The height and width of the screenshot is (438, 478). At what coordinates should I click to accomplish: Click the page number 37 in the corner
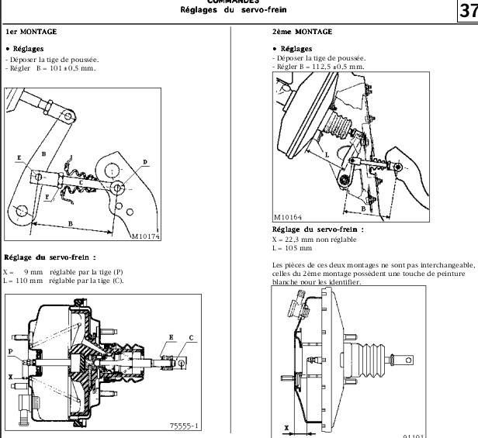467,11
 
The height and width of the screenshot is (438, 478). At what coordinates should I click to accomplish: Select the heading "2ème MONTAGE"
302,33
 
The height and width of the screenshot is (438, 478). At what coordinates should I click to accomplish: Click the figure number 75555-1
184,425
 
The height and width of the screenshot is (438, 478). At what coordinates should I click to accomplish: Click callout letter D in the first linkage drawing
144,162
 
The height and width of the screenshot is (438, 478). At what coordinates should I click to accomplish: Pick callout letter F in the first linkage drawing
47,198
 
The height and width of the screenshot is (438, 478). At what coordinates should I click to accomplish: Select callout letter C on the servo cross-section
191,337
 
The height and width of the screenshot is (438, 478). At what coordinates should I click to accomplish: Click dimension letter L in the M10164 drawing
327,154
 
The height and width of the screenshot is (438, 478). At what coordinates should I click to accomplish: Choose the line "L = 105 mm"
292,248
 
